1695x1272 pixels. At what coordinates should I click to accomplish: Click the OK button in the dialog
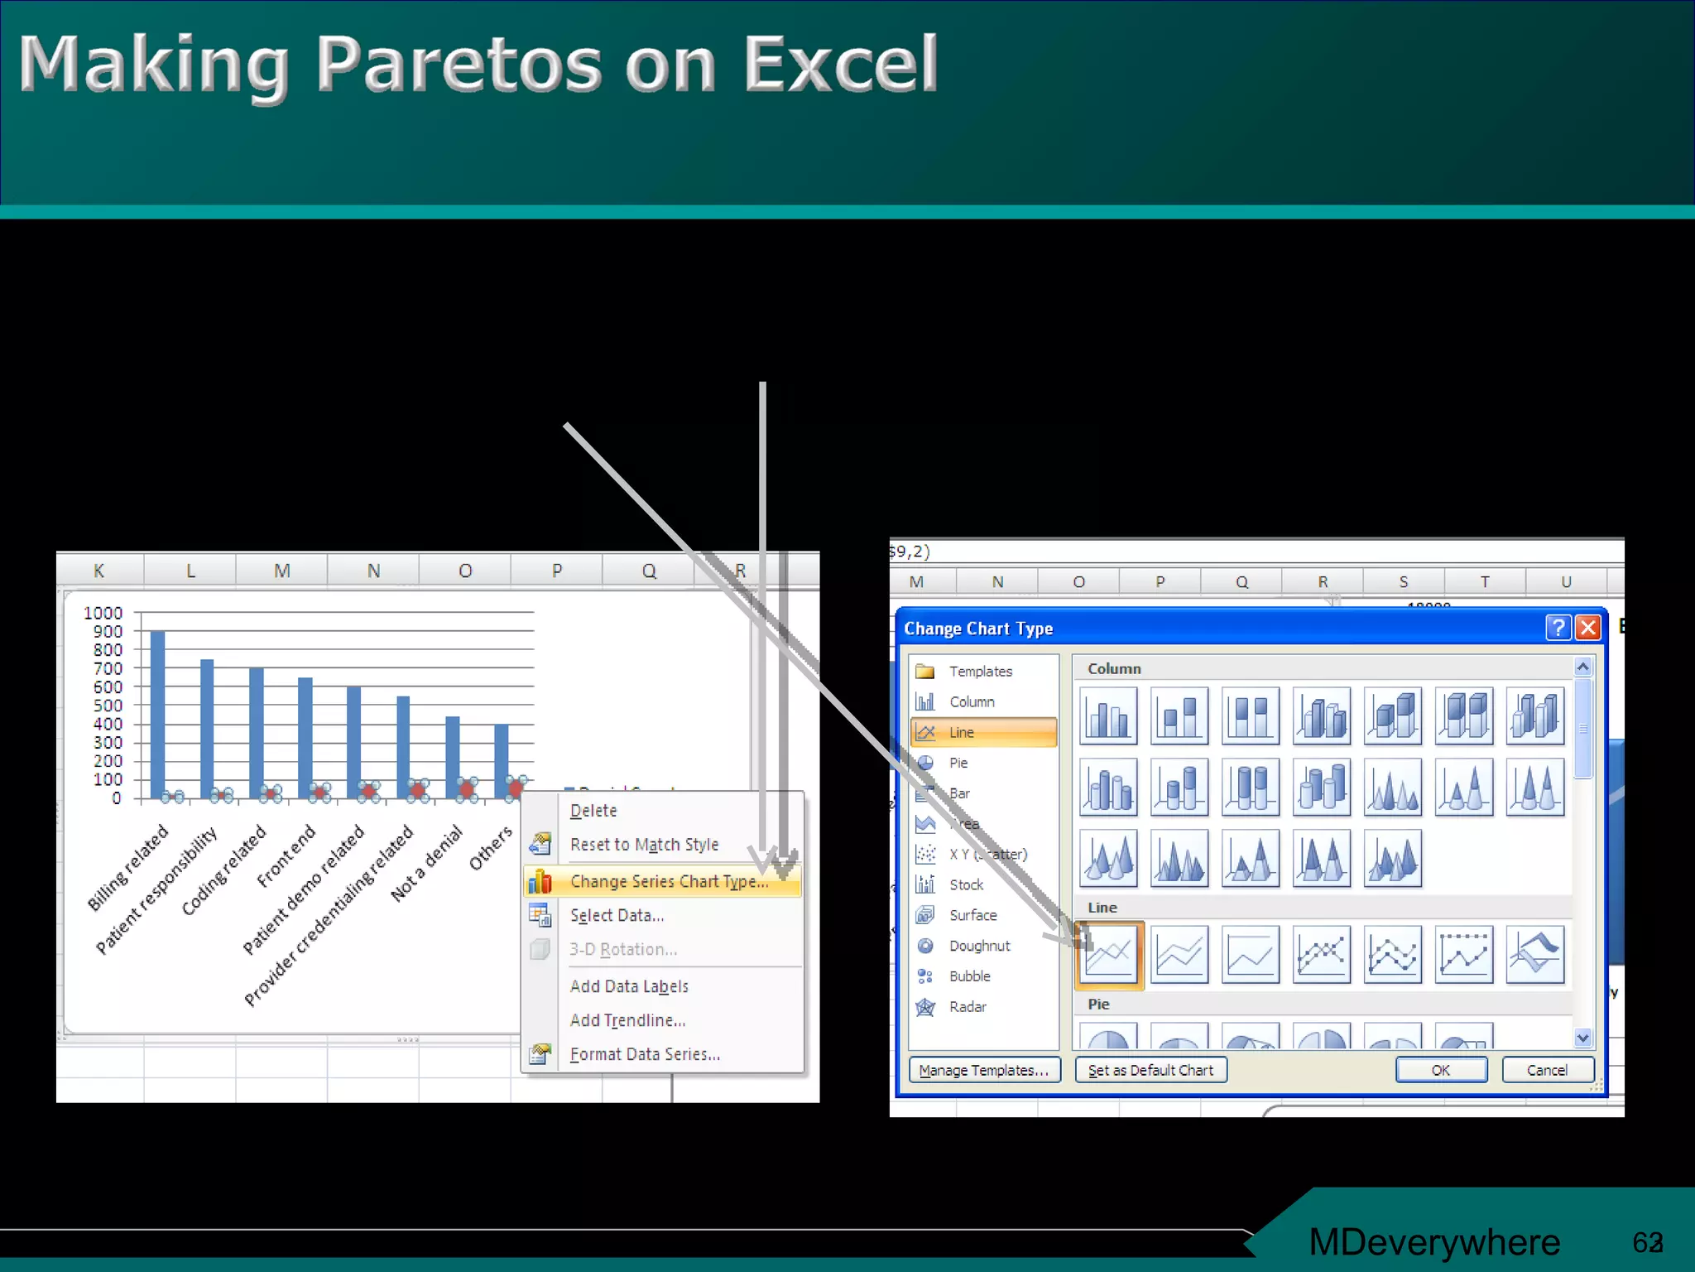(x=1441, y=1070)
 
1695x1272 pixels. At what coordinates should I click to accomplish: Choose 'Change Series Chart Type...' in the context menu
(x=669, y=882)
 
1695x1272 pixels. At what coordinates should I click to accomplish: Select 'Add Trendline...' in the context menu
(x=627, y=1020)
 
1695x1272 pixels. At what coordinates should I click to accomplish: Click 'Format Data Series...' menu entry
(x=645, y=1054)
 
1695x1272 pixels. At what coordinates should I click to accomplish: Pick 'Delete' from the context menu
(x=593, y=811)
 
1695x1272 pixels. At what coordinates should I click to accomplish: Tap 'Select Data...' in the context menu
(x=617, y=915)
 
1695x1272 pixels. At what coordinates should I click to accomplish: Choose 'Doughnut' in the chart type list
(x=979, y=946)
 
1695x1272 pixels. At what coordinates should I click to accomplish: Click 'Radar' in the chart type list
(x=968, y=1007)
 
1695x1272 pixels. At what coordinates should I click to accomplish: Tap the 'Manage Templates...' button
(x=983, y=1070)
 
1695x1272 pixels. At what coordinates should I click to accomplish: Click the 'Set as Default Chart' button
(x=1150, y=1070)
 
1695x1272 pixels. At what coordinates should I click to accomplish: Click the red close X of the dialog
(x=1587, y=628)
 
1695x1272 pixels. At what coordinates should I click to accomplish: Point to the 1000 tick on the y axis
(x=103, y=613)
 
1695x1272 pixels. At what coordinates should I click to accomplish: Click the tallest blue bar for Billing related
(x=157, y=712)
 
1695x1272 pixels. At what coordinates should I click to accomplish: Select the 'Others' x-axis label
(x=491, y=848)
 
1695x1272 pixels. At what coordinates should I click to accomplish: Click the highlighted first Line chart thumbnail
(x=1109, y=955)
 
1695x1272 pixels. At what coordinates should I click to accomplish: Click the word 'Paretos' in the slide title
(x=459, y=65)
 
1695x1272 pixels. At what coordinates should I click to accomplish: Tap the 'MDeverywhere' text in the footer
(x=1433, y=1241)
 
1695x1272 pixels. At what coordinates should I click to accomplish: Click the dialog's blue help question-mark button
(x=1558, y=628)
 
